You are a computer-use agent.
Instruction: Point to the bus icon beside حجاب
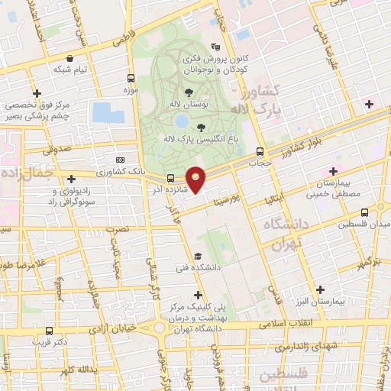point(260,151)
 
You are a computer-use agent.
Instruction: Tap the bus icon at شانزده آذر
point(170,178)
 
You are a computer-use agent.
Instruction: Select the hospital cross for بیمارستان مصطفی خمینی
point(332,171)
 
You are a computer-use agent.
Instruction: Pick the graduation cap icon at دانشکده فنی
point(198,257)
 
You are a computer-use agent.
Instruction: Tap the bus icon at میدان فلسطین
point(364,212)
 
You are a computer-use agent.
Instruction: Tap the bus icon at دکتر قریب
point(49,331)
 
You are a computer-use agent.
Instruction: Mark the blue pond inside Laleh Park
point(182,121)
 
